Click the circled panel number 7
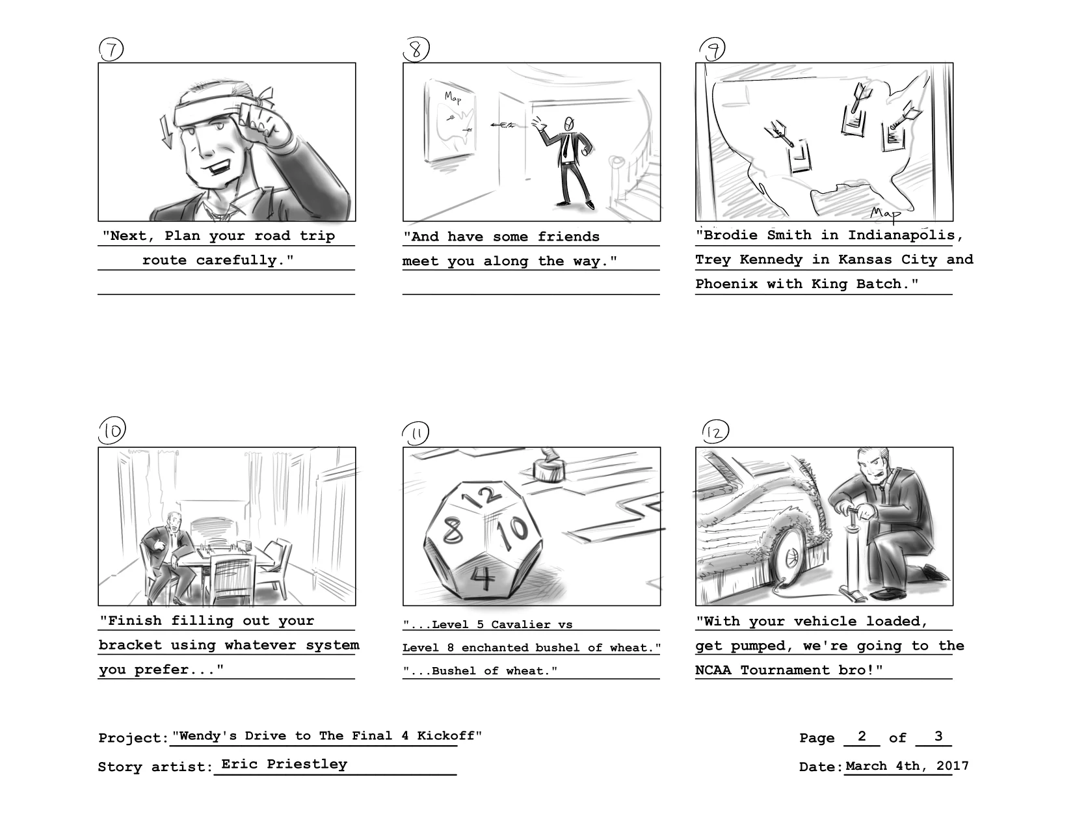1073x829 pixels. (x=111, y=49)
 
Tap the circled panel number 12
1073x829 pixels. (x=715, y=432)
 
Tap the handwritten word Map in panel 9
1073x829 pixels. (x=885, y=213)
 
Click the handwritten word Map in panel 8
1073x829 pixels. (x=453, y=98)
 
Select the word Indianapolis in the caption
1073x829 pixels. (x=901, y=235)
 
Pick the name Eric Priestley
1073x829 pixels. (x=284, y=765)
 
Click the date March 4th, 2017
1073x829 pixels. (x=907, y=766)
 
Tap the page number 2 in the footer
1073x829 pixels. (x=862, y=736)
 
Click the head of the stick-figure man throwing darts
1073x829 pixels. (x=569, y=122)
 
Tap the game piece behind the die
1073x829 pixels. (x=549, y=467)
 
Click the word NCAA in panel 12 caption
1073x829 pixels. (x=713, y=670)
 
